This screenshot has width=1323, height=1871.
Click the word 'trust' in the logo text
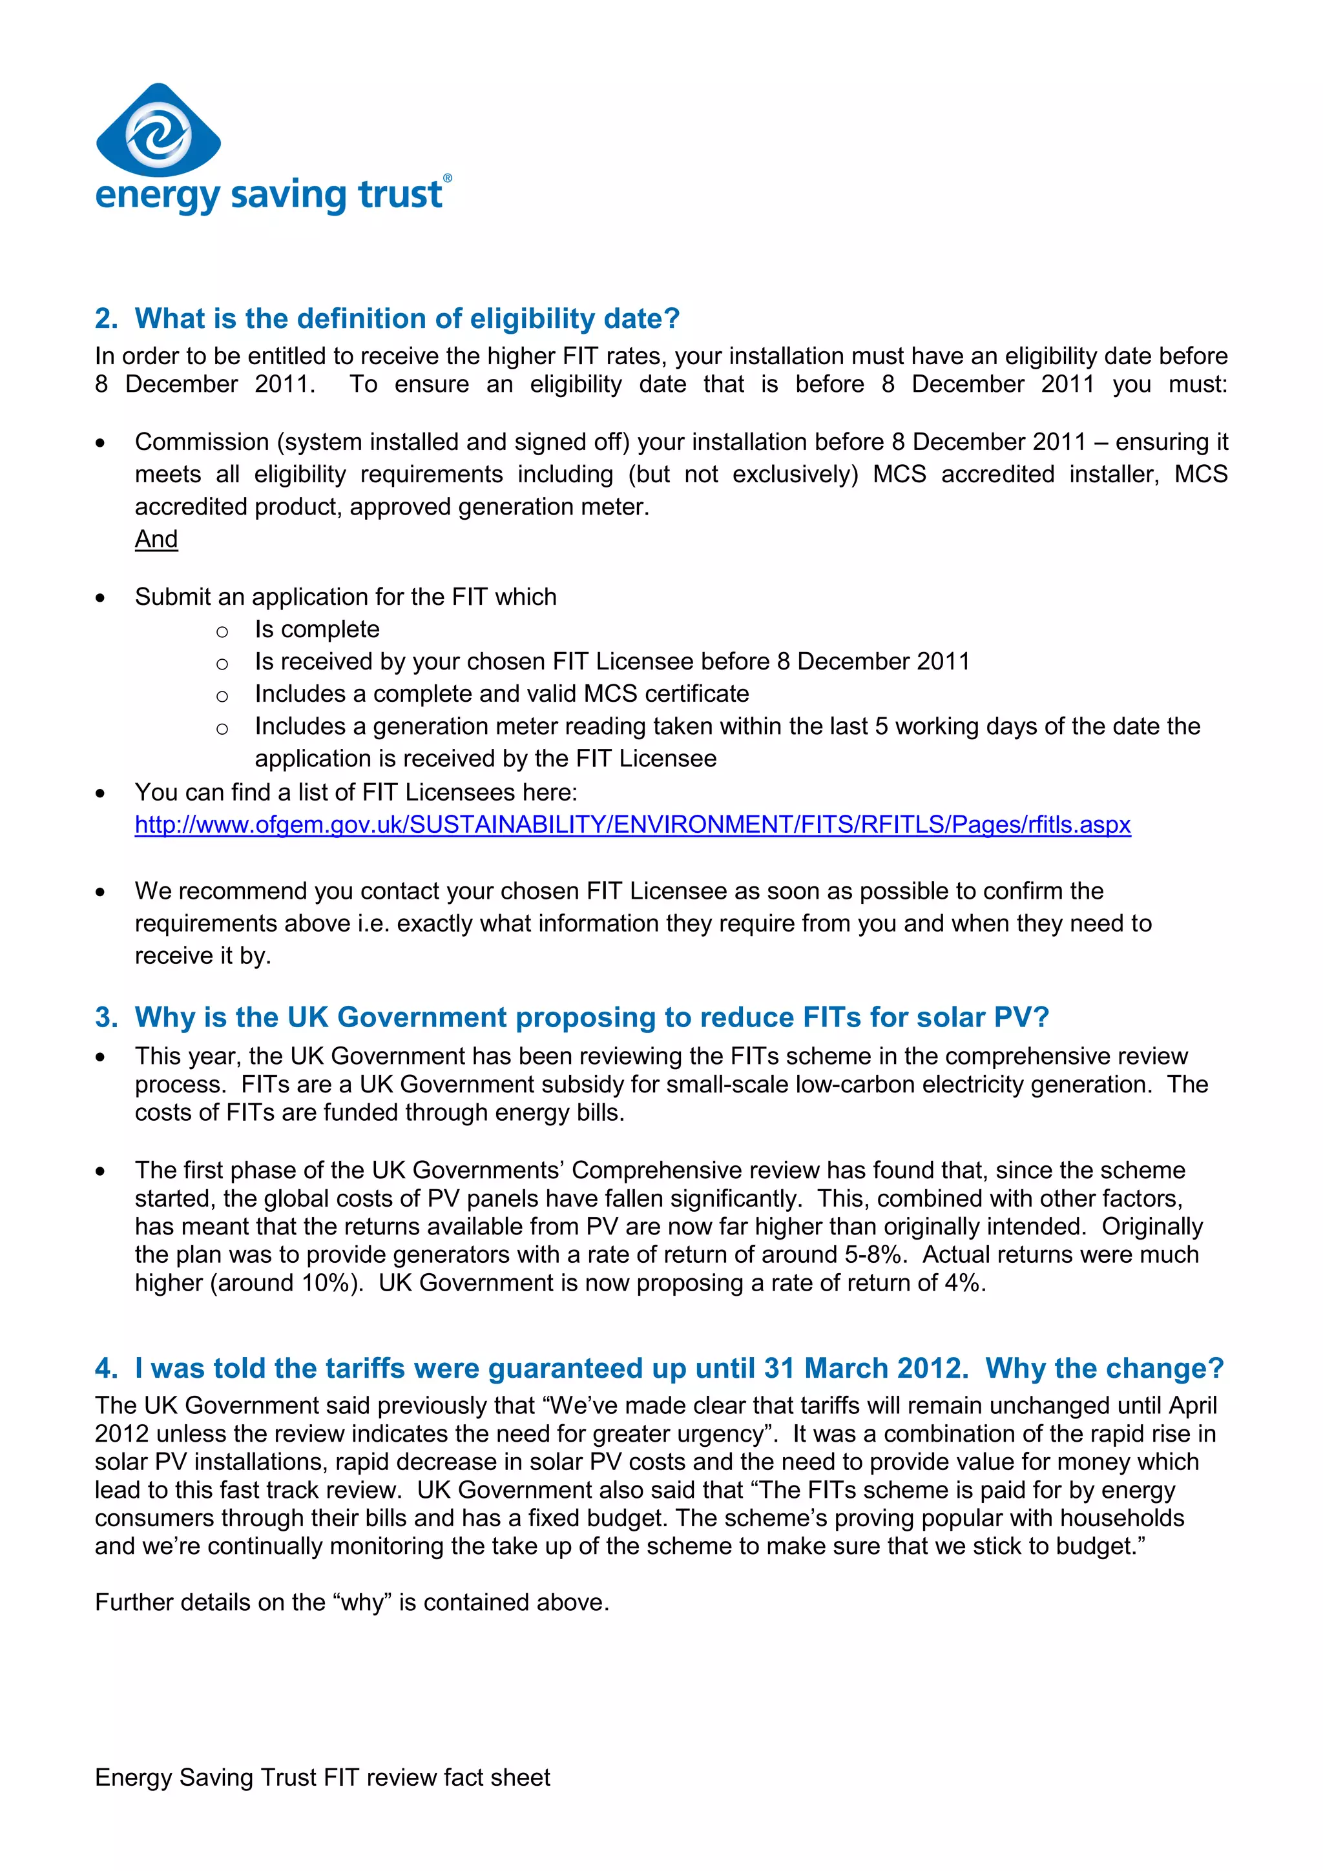coord(401,195)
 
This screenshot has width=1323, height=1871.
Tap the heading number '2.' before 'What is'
coord(106,319)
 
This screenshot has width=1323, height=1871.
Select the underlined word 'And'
coord(156,540)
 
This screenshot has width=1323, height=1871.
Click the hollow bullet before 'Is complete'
coord(222,631)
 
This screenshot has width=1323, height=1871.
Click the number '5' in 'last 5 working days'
coord(881,726)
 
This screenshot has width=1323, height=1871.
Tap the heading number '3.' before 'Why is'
coord(106,1017)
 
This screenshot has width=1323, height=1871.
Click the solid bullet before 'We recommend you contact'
coord(100,892)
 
